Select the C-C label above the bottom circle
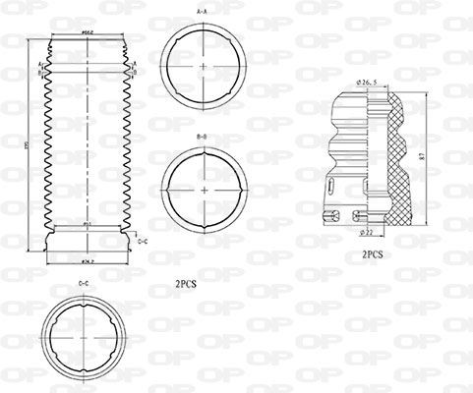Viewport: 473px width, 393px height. [84, 284]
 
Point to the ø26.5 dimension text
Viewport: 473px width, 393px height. [368, 82]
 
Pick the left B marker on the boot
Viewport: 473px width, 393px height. [40, 72]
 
